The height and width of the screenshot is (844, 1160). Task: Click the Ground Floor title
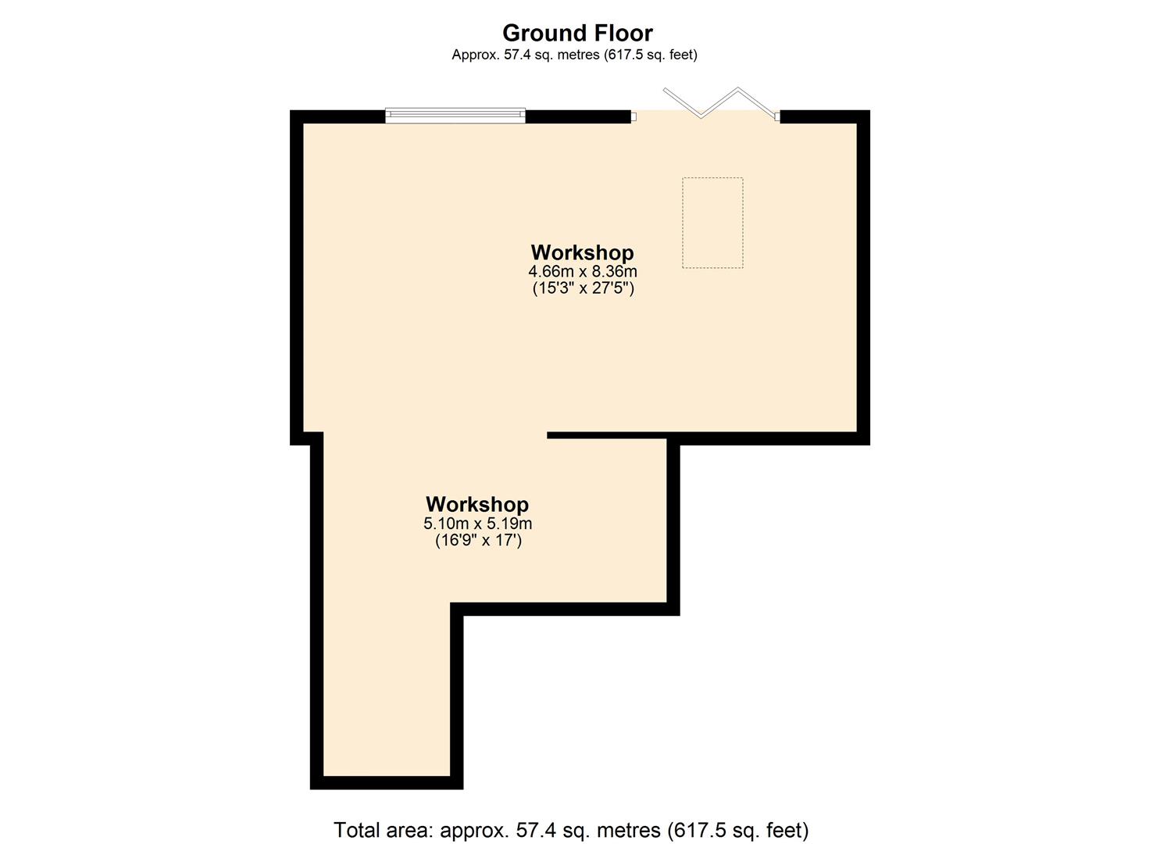tap(577, 33)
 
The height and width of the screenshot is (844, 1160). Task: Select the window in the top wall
tap(455, 116)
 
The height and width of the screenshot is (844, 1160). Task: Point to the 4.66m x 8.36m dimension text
tap(583, 271)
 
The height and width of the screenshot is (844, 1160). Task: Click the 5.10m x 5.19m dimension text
tap(477, 524)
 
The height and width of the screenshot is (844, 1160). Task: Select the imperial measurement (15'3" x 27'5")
tap(583, 288)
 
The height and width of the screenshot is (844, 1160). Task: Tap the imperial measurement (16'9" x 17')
tap(478, 540)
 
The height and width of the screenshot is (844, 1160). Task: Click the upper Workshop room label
tap(582, 252)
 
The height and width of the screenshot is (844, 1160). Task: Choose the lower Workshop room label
tap(477, 504)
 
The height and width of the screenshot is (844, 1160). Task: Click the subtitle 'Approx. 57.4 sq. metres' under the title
tap(525, 55)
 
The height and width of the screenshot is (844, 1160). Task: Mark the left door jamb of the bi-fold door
tap(634, 117)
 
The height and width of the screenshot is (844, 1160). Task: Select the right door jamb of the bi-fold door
tap(777, 117)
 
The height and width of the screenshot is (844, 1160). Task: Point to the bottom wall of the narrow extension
tap(387, 782)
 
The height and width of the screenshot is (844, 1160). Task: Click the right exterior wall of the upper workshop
tap(863, 277)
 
